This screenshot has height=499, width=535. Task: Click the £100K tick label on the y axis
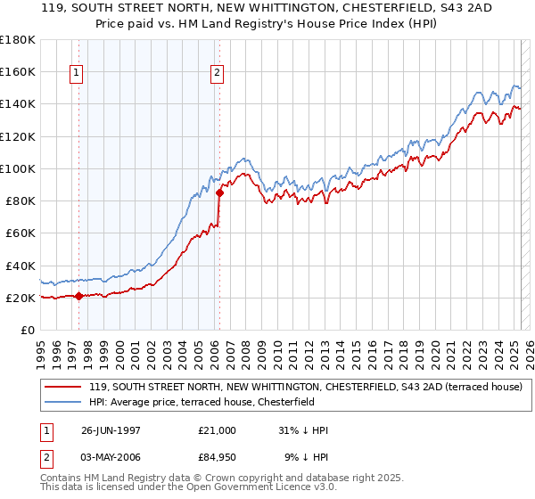[x=18, y=168]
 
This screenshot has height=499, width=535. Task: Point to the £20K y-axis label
[x=21, y=298]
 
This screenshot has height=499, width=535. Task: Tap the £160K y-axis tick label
[x=18, y=71]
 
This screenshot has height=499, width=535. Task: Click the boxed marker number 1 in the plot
[x=76, y=74]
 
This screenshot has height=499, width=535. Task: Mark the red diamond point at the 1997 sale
[x=79, y=296]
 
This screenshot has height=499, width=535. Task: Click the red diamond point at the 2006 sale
[x=219, y=192]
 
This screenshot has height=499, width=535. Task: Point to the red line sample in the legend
[x=64, y=387]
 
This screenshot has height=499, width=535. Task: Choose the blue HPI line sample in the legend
[x=64, y=402]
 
